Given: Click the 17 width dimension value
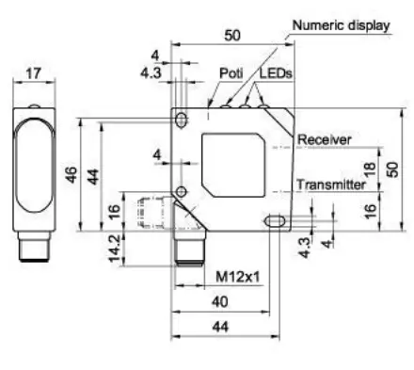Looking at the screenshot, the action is [x=33, y=73].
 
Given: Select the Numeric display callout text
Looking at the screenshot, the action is [x=342, y=25].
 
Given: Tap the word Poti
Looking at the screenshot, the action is [x=231, y=73].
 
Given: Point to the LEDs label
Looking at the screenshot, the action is [x=276, y=73].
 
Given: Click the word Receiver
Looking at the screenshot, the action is [x=324, y=139].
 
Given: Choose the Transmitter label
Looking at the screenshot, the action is [x=331, y=185].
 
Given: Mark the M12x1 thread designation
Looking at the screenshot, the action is [x=238, y=277].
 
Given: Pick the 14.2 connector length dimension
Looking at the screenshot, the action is [x=114, y=248].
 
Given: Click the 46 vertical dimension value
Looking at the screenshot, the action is [x=72, y=174].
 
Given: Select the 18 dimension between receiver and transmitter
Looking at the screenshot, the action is [x=370, y=169].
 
